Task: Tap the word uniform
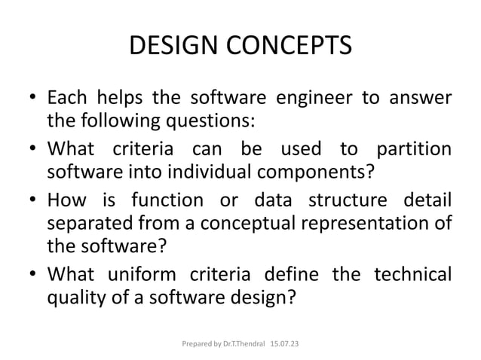click(x=159, y=274)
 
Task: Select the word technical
click(x=413, y=274)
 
